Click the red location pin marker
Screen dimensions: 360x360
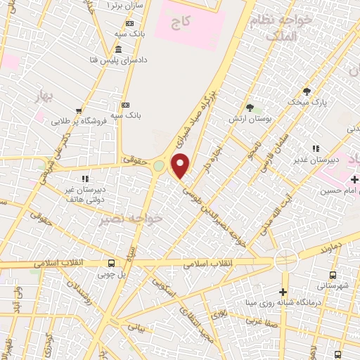click(x=181, y=167)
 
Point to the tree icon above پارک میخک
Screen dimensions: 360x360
click(x=307, y=91)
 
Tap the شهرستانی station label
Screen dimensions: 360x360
click(x=333, y=285)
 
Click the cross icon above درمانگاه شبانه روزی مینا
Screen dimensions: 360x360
click(x=283, y=292)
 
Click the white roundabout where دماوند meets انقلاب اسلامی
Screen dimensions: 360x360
click(x=285, y=261)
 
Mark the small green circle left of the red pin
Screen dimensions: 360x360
click(x=159, y=166)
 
